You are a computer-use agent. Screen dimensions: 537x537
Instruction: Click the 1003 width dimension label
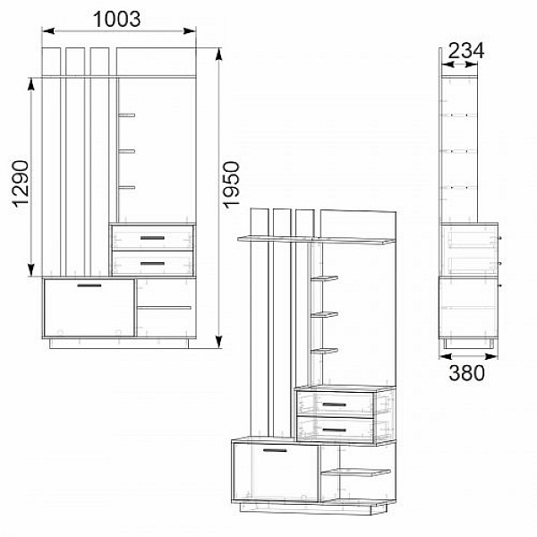[x=116, y=19]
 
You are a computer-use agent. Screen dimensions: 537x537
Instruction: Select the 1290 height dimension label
[x=21, y=183]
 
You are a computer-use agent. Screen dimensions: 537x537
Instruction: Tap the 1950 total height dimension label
[x=231, y=184]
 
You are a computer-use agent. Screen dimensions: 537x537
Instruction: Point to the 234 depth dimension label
[x=466, y=51]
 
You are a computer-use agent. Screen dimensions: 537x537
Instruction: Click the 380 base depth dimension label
[x=467, y=373]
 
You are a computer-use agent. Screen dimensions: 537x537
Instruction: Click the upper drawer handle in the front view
[x=152, y=238]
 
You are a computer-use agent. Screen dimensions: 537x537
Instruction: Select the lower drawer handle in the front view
[x=152, y=264]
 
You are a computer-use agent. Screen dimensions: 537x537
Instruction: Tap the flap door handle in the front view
[x=89, y=286]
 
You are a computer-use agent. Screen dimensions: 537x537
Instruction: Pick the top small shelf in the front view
[x=127, y=115]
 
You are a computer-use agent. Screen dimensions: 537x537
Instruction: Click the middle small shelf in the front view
[x=127, y=151]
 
